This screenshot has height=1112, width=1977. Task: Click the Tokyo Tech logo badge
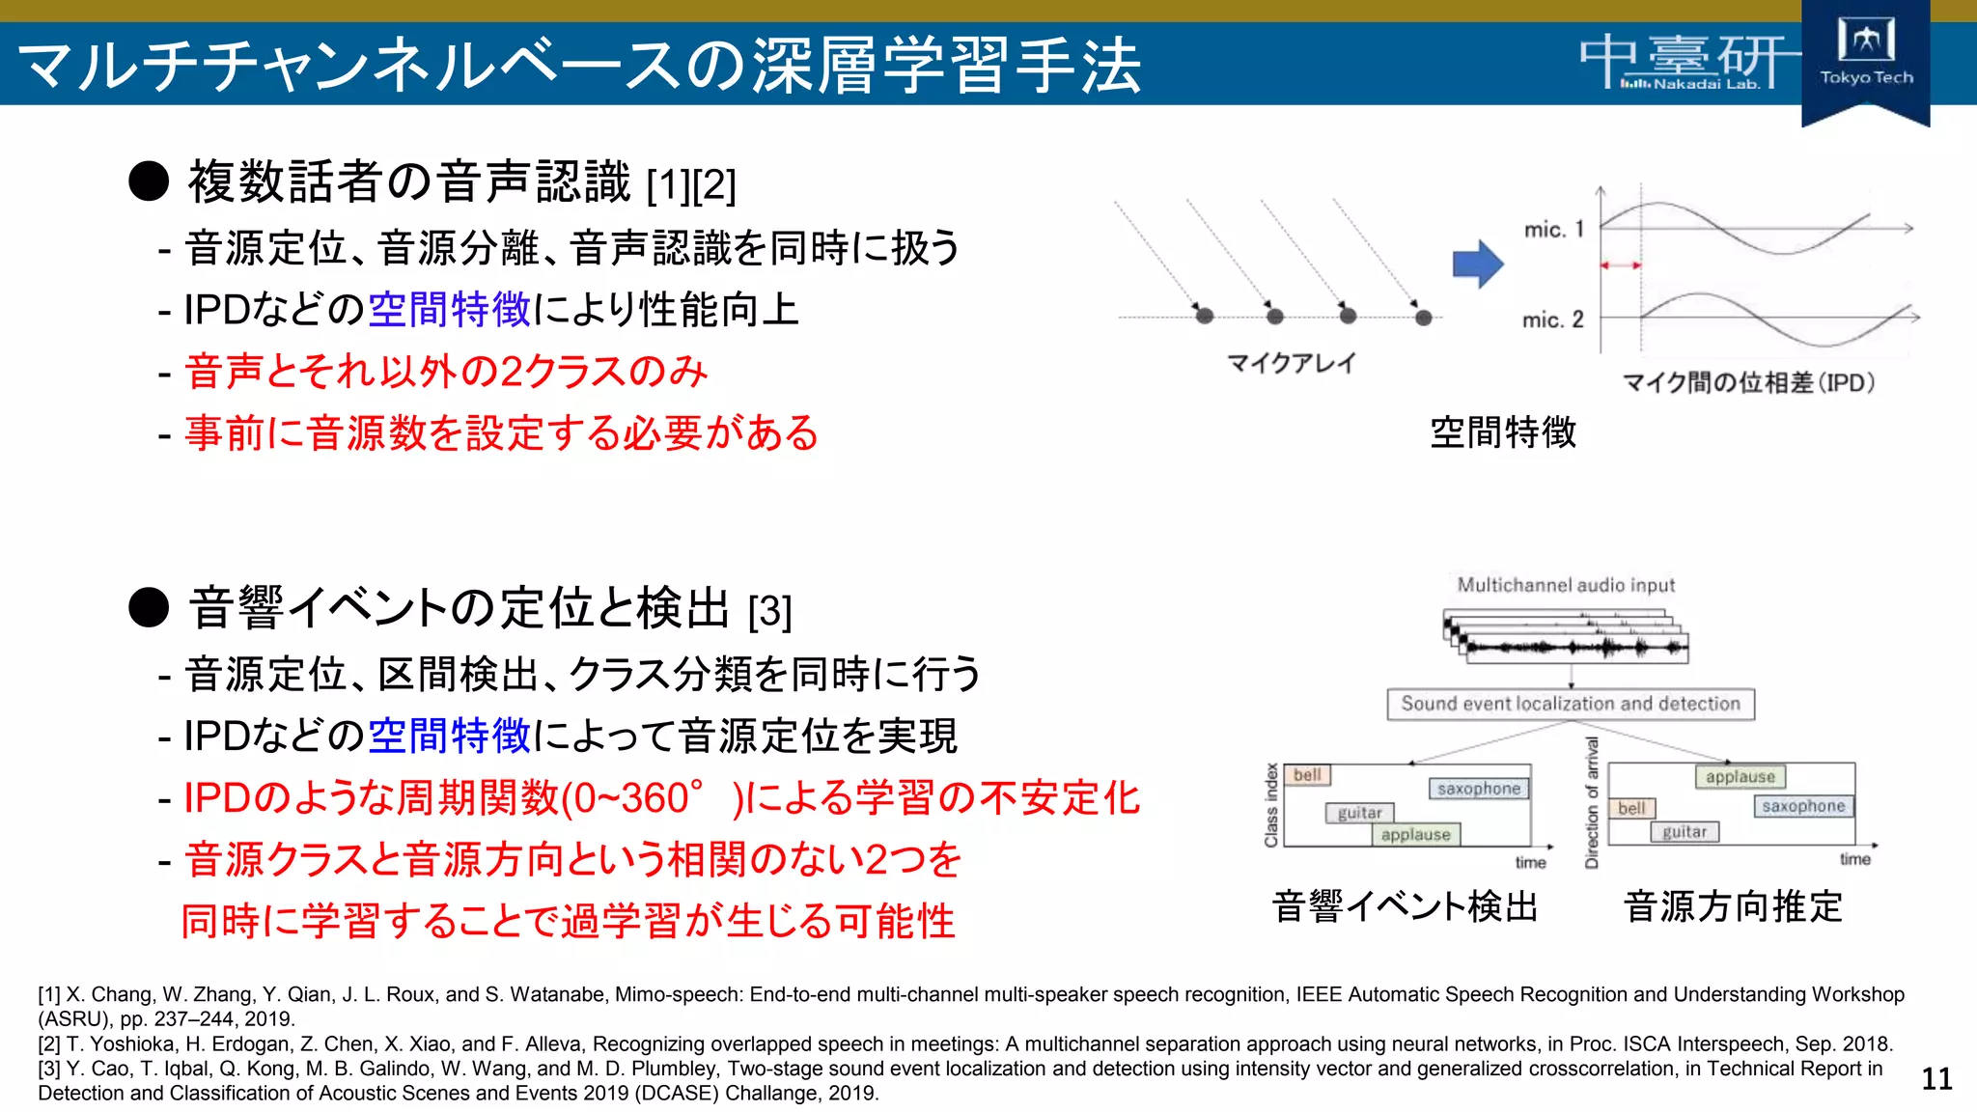pos(1865,58)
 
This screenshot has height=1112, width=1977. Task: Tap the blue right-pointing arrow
pos(1477,264)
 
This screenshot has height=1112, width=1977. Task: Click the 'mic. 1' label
pos(1553,230)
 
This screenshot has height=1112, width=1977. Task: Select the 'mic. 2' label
pos(1552,320)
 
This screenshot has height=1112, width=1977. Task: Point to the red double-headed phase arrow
pos(1621,264)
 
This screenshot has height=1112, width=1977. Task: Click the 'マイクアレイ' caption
pos(1291,363)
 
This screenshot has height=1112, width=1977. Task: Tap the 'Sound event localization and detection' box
pos(1570,704)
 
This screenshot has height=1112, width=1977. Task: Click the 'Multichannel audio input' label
pos(1565,585)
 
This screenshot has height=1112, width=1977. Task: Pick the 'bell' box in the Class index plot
pos(1307,775)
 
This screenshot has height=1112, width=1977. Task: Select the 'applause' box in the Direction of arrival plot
pos(1740,777)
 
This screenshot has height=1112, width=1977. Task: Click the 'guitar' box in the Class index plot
pos(1359,813)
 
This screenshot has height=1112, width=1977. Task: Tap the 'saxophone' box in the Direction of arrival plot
pos(1802,806)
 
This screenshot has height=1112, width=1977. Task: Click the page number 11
pos(1936,1078)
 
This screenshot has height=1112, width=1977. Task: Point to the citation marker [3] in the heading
pos(769,612)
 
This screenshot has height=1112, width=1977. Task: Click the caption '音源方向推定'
pos(1733,907)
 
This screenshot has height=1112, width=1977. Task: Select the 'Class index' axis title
pos(1271,805)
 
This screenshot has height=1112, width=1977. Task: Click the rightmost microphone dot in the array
pos(1423,317)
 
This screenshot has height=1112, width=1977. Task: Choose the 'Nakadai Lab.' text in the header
pos(1706,85)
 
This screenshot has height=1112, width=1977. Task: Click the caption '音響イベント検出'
pos(1405,907)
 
